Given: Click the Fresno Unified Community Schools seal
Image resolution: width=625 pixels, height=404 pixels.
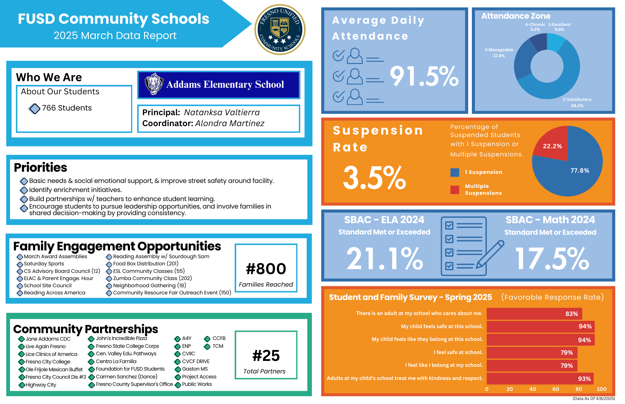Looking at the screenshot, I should [x=280, y=30].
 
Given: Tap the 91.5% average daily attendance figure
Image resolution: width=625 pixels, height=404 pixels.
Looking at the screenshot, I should [x=424, y=76].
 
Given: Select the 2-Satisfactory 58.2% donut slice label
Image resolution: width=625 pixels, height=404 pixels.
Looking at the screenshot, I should [x=577, y=102].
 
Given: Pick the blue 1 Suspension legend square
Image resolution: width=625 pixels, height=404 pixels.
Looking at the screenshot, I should [x=455, y=172].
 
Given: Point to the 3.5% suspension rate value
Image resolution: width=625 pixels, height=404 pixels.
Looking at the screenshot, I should [x=374, y=178].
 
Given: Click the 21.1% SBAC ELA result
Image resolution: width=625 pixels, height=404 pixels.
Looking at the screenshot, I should [x=384, y=259].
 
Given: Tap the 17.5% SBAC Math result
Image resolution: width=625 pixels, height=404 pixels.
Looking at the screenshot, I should [x=552, y=259].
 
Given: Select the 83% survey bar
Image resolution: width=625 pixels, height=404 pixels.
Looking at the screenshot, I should [x=534, y=314].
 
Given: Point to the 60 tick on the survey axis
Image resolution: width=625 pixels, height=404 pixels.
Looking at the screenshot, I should [x=556, y=389].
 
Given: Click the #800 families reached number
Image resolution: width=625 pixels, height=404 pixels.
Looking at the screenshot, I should [x=266, y=269].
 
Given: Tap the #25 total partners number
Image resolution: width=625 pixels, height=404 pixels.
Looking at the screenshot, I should [x=266, y=356].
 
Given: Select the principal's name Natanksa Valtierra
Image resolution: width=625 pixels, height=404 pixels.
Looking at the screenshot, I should [x=222, y=112].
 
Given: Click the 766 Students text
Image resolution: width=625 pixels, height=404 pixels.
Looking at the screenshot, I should [x=67, y=108].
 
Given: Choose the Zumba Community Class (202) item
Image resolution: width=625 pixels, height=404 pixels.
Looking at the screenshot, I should [x=152, y=278].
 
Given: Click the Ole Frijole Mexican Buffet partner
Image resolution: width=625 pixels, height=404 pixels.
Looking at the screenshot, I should [x=54, y=369].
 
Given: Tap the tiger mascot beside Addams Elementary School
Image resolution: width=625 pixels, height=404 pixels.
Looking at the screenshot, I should [x=154, y=84].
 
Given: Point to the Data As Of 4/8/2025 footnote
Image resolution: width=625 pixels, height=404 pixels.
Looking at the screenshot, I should [x=593, y=398].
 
